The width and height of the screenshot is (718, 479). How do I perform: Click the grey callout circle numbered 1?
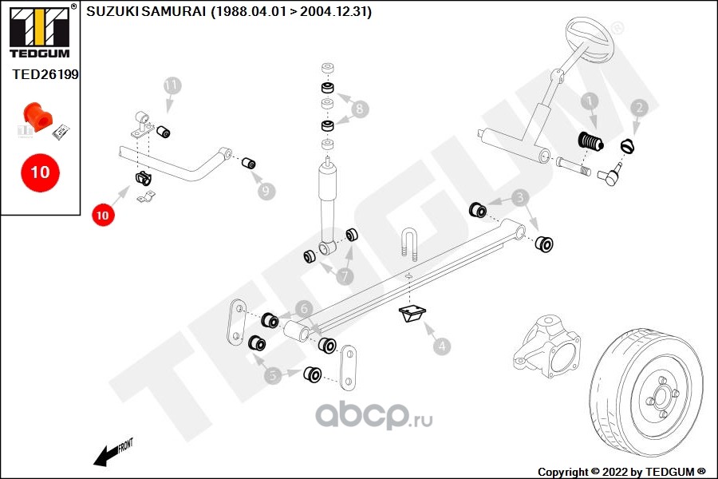click(x=589, y=101)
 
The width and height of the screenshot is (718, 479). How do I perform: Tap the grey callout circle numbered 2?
click(x=638, y=107)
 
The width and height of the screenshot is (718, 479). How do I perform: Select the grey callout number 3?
click(x=519, y=196)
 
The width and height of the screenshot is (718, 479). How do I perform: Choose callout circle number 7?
click(x=345, y=276)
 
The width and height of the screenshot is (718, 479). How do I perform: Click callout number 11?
click(x=172, y=85)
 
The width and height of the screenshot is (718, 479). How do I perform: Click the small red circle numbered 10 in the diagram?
click(x=102, y=214)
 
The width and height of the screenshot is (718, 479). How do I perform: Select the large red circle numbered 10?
click(x=40, y=172)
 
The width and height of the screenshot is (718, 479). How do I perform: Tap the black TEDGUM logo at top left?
click(x=38, y=30)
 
